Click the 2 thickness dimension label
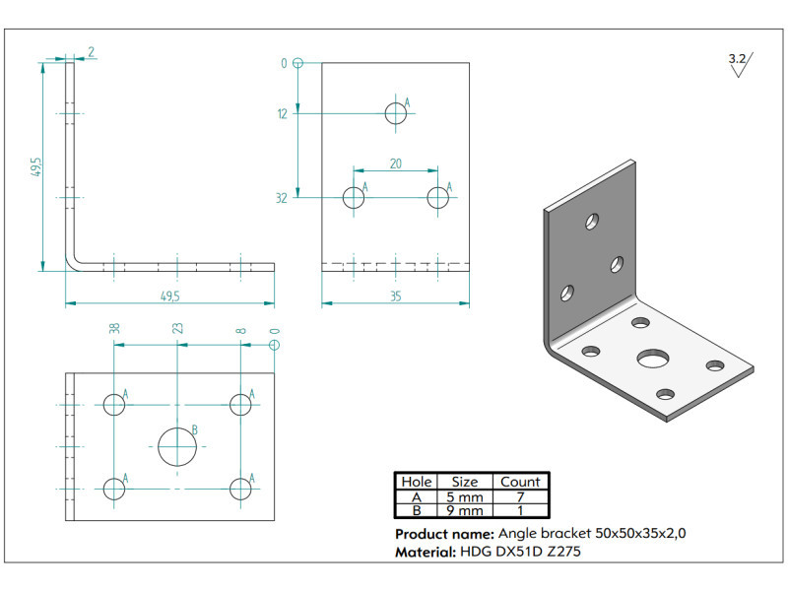(91, 52)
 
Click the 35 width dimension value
(396, 296)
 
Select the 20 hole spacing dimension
(396, 164)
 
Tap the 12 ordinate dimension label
(283, 114)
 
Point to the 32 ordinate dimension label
(282, 198)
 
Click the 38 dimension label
(114, 328)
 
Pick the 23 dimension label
(178, 328)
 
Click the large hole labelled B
(177, 447)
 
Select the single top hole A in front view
(396, 113)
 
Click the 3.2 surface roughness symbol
(741, 64)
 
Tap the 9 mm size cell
(465, 510)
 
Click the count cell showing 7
(520, 497)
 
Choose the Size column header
(465, 482)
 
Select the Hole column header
(416, 482)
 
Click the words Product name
(445, 534)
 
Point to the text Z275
(563, 552)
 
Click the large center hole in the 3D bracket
(653, 359)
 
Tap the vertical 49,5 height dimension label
(36, 166)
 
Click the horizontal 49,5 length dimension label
(169, 296)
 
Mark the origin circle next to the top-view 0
(275, 346)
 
